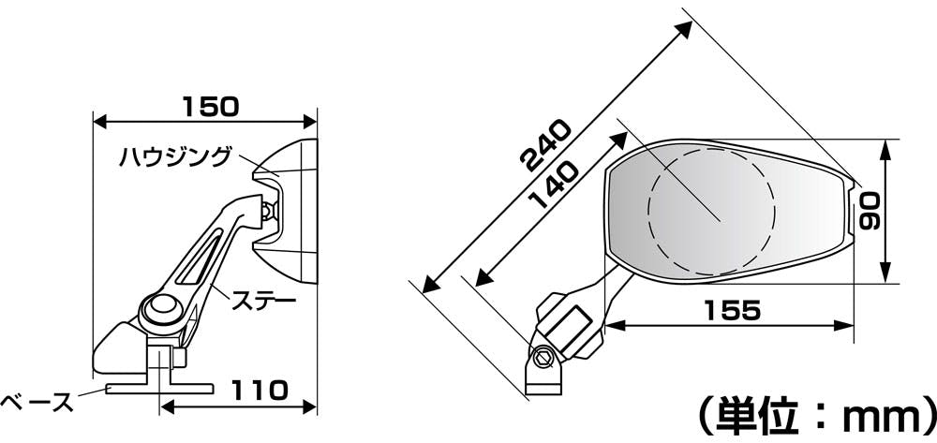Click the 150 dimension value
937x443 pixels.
click(x=210, y=106)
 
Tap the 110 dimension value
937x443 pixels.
click(x=260, y=391)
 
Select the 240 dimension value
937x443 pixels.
click(x=544, y=146)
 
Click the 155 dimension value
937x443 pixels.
click(x=732, y=310)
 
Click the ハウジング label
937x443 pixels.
click(x=174, y=157)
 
